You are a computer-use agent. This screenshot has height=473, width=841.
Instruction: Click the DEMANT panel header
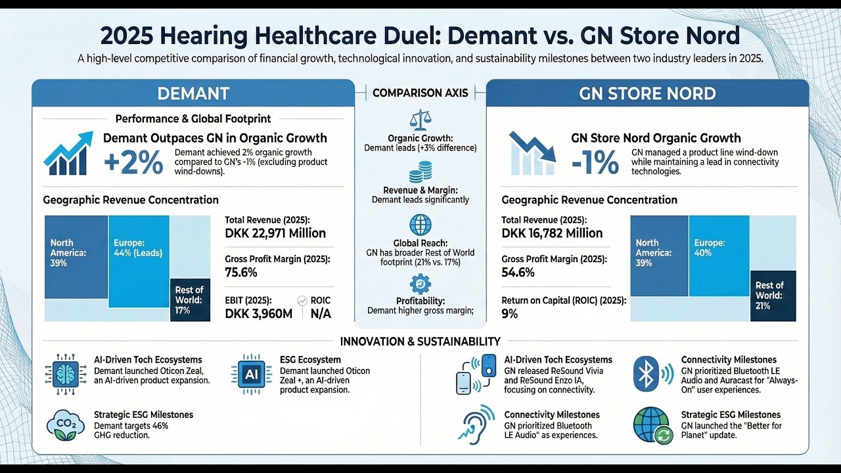tap(193, 93)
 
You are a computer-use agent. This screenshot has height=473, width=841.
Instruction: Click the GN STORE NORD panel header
tap(647, 93)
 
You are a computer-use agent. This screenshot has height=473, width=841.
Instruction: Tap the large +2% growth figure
tap(133, 163)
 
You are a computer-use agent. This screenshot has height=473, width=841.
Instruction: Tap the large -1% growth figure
tap(595, 163)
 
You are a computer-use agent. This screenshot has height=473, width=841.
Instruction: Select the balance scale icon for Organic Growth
tap(420, 120)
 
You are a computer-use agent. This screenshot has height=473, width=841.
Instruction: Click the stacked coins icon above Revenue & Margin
tap(420, 174)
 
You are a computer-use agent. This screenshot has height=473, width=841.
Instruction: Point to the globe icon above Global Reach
tap(420, 225)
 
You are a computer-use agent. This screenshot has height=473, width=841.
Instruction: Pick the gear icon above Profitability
tap(420, 283)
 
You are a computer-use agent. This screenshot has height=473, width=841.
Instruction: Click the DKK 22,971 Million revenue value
tap(275, 233)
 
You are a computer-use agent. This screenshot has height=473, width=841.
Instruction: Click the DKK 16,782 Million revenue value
tap(552, 233)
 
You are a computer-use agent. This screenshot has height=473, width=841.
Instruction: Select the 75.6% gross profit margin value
tap(241, 272)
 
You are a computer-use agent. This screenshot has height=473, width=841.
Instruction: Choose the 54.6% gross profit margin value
tap(518, 272)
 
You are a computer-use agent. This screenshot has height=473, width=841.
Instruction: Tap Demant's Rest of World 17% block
tap(190, 300)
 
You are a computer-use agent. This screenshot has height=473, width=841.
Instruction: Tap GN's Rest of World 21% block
tap(773, 296)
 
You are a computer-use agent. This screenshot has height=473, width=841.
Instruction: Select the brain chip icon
tap(65, 374)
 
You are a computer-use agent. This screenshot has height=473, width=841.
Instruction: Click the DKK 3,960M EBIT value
tap(258, 313)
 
